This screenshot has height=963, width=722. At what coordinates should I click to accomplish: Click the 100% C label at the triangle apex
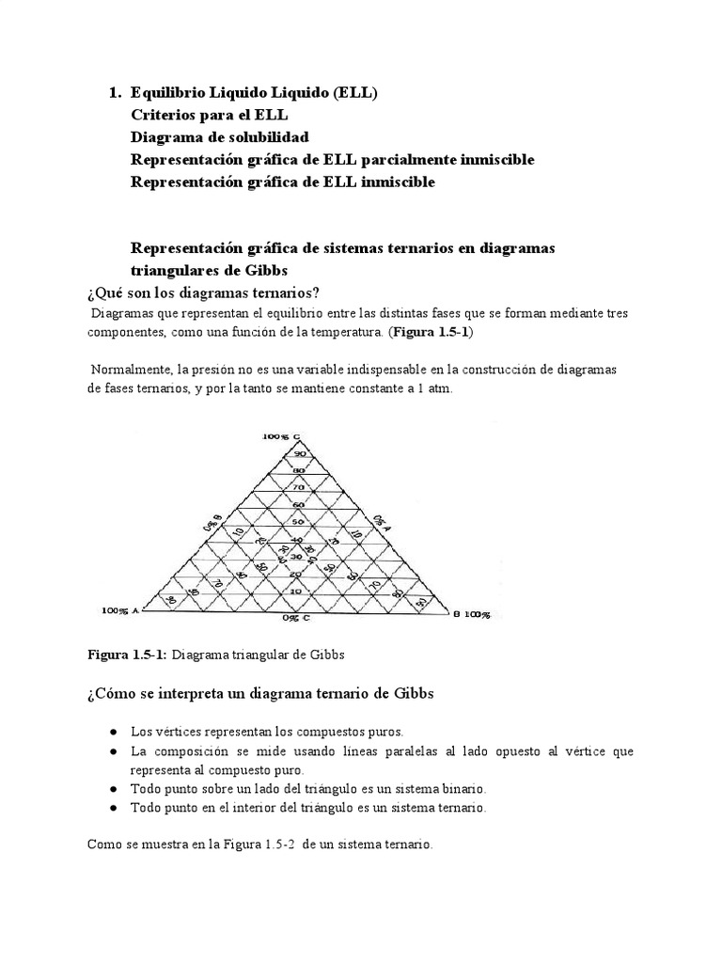coord(281,436)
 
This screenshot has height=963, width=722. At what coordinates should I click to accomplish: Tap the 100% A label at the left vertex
coord(119,611)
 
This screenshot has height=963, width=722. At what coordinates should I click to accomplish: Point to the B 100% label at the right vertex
coord(471,613)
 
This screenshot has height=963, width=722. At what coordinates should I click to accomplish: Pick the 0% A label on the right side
coord(381,522)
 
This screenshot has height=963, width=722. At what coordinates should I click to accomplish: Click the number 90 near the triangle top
coord(298,453)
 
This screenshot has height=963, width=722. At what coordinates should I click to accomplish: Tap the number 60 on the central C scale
coord(298,504)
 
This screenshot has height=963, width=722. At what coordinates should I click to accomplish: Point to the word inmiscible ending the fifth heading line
coord(395,182)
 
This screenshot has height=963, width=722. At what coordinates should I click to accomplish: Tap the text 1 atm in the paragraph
coord(433,387)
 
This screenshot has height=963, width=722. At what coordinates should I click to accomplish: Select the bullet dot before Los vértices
coord(113,732)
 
